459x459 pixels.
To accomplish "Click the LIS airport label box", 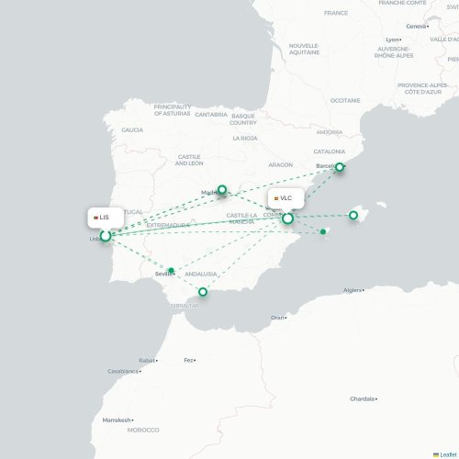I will click(x=101, y=218).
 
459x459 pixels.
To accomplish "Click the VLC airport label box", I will click(x=283, y=198).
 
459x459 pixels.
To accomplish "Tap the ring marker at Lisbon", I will click(x=106, y=236).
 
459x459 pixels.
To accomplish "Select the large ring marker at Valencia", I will click(x=288, y=218).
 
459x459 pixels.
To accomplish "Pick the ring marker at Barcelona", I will click(x=340, y=167).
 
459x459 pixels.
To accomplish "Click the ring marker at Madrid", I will click(x=222, y=190).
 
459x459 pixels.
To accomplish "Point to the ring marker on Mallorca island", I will click(x=353, y=216).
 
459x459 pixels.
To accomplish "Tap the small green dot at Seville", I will click(x=171, y=270).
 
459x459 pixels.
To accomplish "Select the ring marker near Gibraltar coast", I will click(x=203, y=293).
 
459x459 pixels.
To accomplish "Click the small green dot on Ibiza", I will click(x=323, y=231).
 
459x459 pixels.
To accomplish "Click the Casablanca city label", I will click(x=123, y=372).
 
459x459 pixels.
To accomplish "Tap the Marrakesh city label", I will click(x=118, y=420).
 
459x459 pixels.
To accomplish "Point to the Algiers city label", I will click(x=353, y=290).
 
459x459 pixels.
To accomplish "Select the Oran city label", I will click(x=277, y=318).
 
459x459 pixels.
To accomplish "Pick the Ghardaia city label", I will click(x=363, y=399).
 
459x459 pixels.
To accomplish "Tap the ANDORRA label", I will click(x=329, y=132).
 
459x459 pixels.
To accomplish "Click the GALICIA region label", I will click(x=132, y=130).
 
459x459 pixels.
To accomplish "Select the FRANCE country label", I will click(x=336, y=13).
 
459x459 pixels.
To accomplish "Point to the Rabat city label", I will click(x=146, y=360).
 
